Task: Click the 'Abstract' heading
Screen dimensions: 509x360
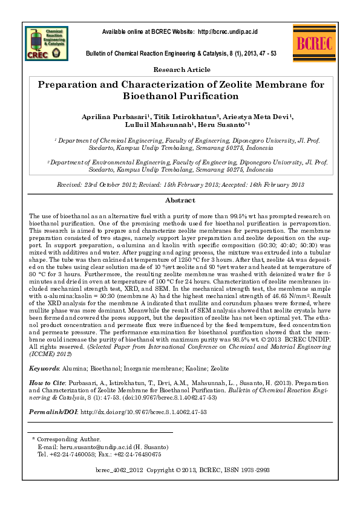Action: pos(180,200)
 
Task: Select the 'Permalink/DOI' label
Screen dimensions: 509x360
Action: pos(53,411)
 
